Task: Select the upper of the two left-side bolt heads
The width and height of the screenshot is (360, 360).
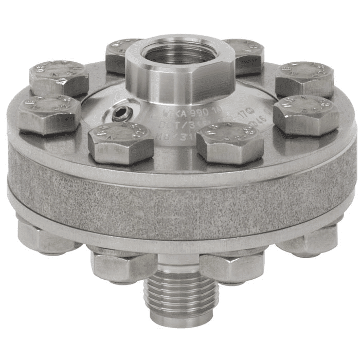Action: (x=59, y=77)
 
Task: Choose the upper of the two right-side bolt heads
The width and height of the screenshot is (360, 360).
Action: (x=304, y=79)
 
